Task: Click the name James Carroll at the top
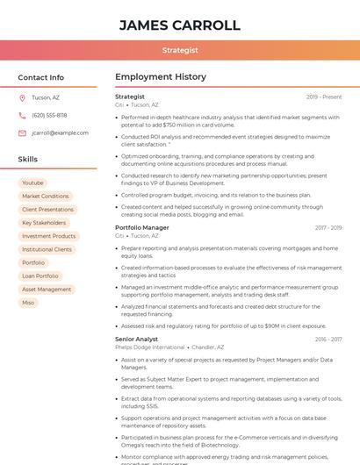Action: point(179,25)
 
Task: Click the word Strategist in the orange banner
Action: point(179,51)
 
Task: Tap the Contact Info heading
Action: point(40,77)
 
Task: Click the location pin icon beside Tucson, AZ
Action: point(22,97)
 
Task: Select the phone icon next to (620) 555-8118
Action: point(22,115)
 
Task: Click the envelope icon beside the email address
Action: point(22,132)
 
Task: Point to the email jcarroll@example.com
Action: point(60,132)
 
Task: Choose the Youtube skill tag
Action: point(32,182)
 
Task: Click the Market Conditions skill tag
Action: point(45,197)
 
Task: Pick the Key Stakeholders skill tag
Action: point(44,223)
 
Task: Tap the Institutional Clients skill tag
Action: point(47,249)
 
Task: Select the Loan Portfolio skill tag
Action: point(40,275)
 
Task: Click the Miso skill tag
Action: point(28,303)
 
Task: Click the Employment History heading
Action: point(161,77)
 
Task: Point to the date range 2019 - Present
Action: point(324,97)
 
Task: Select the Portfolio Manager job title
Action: point(142,228)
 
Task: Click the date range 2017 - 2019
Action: point(328,228)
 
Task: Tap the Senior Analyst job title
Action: point(136,339)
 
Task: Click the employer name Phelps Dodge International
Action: point(150,347)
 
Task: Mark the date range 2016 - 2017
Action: point(328,339)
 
